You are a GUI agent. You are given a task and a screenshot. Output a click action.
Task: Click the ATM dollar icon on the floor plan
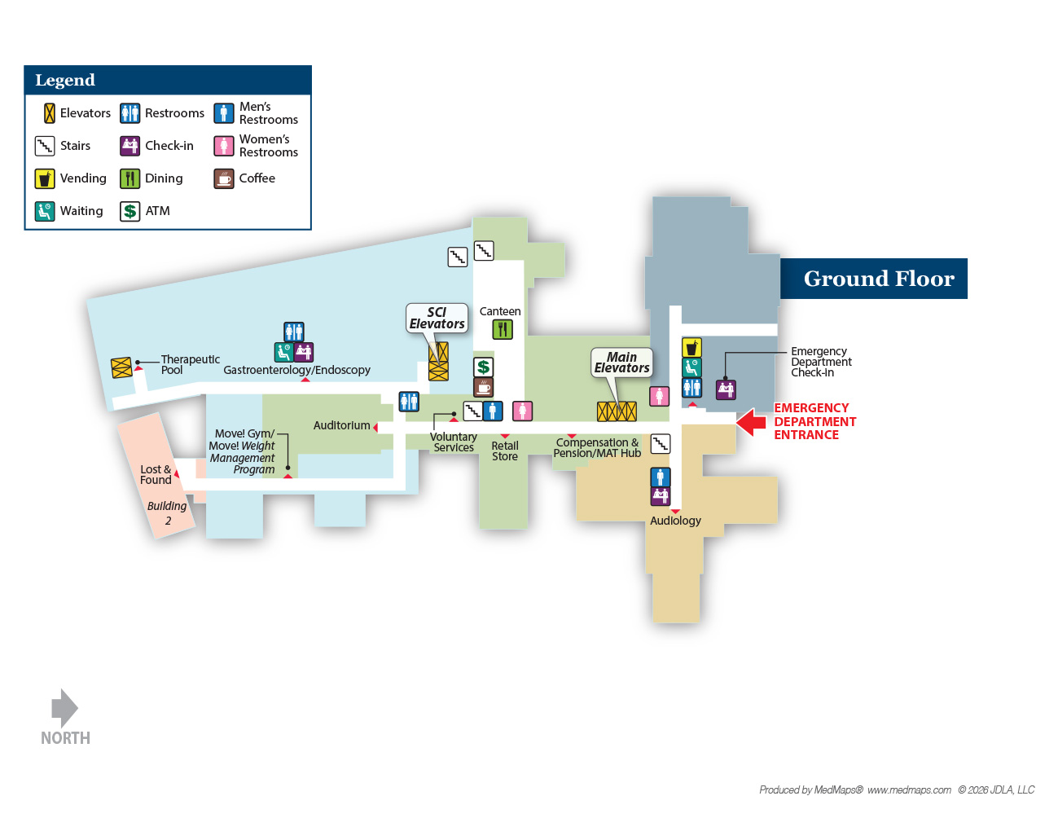click(483, 367)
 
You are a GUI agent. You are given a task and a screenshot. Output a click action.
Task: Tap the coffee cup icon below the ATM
click(483, 388)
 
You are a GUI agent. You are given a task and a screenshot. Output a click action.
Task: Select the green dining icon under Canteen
click(503, 330)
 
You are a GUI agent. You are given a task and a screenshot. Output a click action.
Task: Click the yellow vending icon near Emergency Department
click(691, 348)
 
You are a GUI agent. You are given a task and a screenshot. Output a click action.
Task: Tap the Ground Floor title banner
click(873, 279)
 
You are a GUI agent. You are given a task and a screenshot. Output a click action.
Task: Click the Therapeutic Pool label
click(191, 364)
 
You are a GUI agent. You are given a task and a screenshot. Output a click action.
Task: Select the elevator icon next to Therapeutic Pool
click(121, 367)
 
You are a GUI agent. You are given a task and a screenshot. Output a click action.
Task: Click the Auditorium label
click(342, 425)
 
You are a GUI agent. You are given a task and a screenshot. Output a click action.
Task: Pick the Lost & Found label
click(156, 474)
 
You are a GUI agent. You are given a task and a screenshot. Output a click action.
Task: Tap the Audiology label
click(675, 521)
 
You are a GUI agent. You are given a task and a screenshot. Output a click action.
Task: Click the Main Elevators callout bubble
click(621, 363)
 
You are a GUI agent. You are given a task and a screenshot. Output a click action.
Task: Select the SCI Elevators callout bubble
click(437, 318)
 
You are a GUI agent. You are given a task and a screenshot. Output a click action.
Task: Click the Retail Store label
click(505, 451)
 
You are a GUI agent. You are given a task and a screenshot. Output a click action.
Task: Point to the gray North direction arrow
click(65, 708)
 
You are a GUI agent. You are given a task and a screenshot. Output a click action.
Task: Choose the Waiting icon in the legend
click(44, 211)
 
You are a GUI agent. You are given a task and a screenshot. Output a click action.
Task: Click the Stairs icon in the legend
click(44, 146)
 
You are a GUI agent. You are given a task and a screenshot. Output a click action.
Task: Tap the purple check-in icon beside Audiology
click(661, 496)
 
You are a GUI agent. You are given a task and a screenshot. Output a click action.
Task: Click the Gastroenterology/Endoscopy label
click(296, 370)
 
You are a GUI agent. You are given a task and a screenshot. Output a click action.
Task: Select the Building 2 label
click(167, 513)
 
